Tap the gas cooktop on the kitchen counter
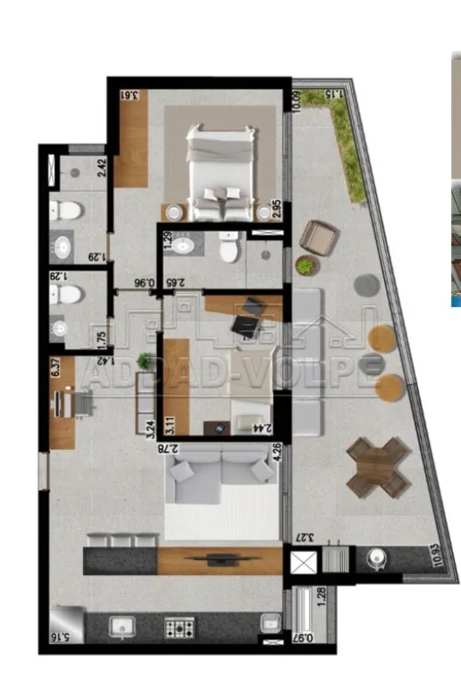180,628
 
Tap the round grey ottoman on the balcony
365,284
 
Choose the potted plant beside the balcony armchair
307,265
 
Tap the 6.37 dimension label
58,367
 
